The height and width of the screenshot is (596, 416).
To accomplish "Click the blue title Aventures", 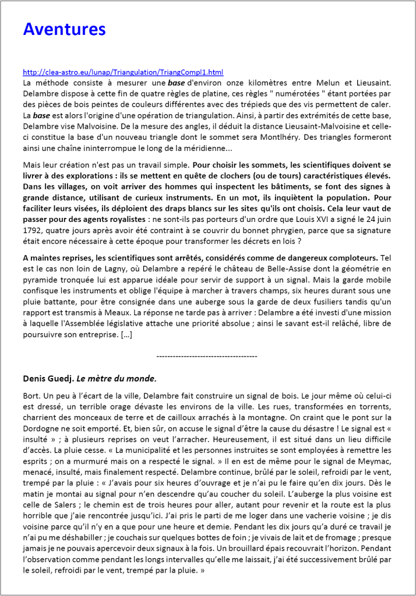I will click(64, 29).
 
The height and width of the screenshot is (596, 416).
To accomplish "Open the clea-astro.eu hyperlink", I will click(123, 72).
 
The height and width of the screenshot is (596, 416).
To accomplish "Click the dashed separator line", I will click(207, 355).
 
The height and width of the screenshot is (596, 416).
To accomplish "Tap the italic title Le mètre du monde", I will click(117, 379).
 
